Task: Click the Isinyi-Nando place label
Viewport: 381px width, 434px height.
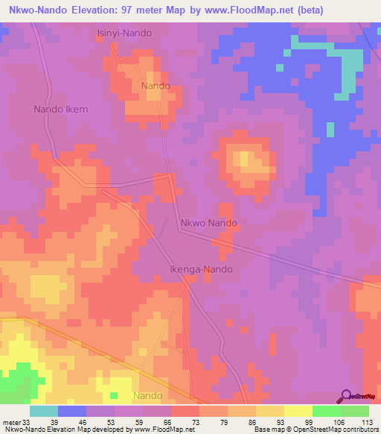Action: pos(125,34)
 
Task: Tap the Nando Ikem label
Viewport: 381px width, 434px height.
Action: pos(61,109)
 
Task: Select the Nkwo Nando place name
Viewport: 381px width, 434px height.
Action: pos(208,223)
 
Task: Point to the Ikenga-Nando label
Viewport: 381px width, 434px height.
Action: pos(201,269)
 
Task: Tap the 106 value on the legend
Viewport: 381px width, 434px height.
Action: pos(339,421)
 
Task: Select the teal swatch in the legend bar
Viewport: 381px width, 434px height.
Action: pos(44,411)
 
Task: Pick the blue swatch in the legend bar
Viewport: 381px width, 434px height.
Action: pos(72,411)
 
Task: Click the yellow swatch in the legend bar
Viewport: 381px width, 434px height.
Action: pos(298,411)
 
